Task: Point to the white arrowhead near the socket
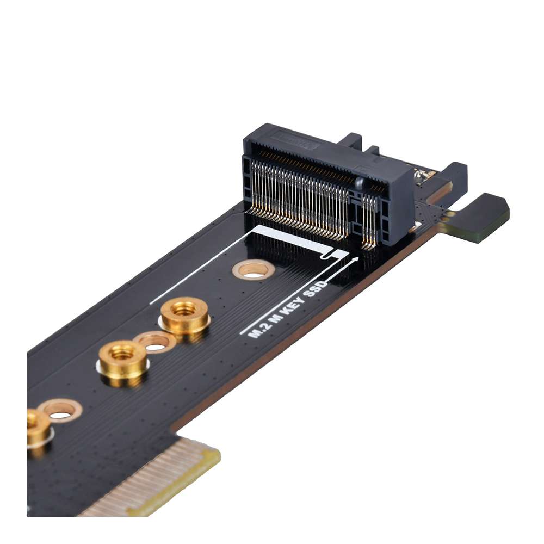point(355,259)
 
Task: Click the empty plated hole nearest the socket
point(253,270)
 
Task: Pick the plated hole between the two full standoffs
point(154,342)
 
